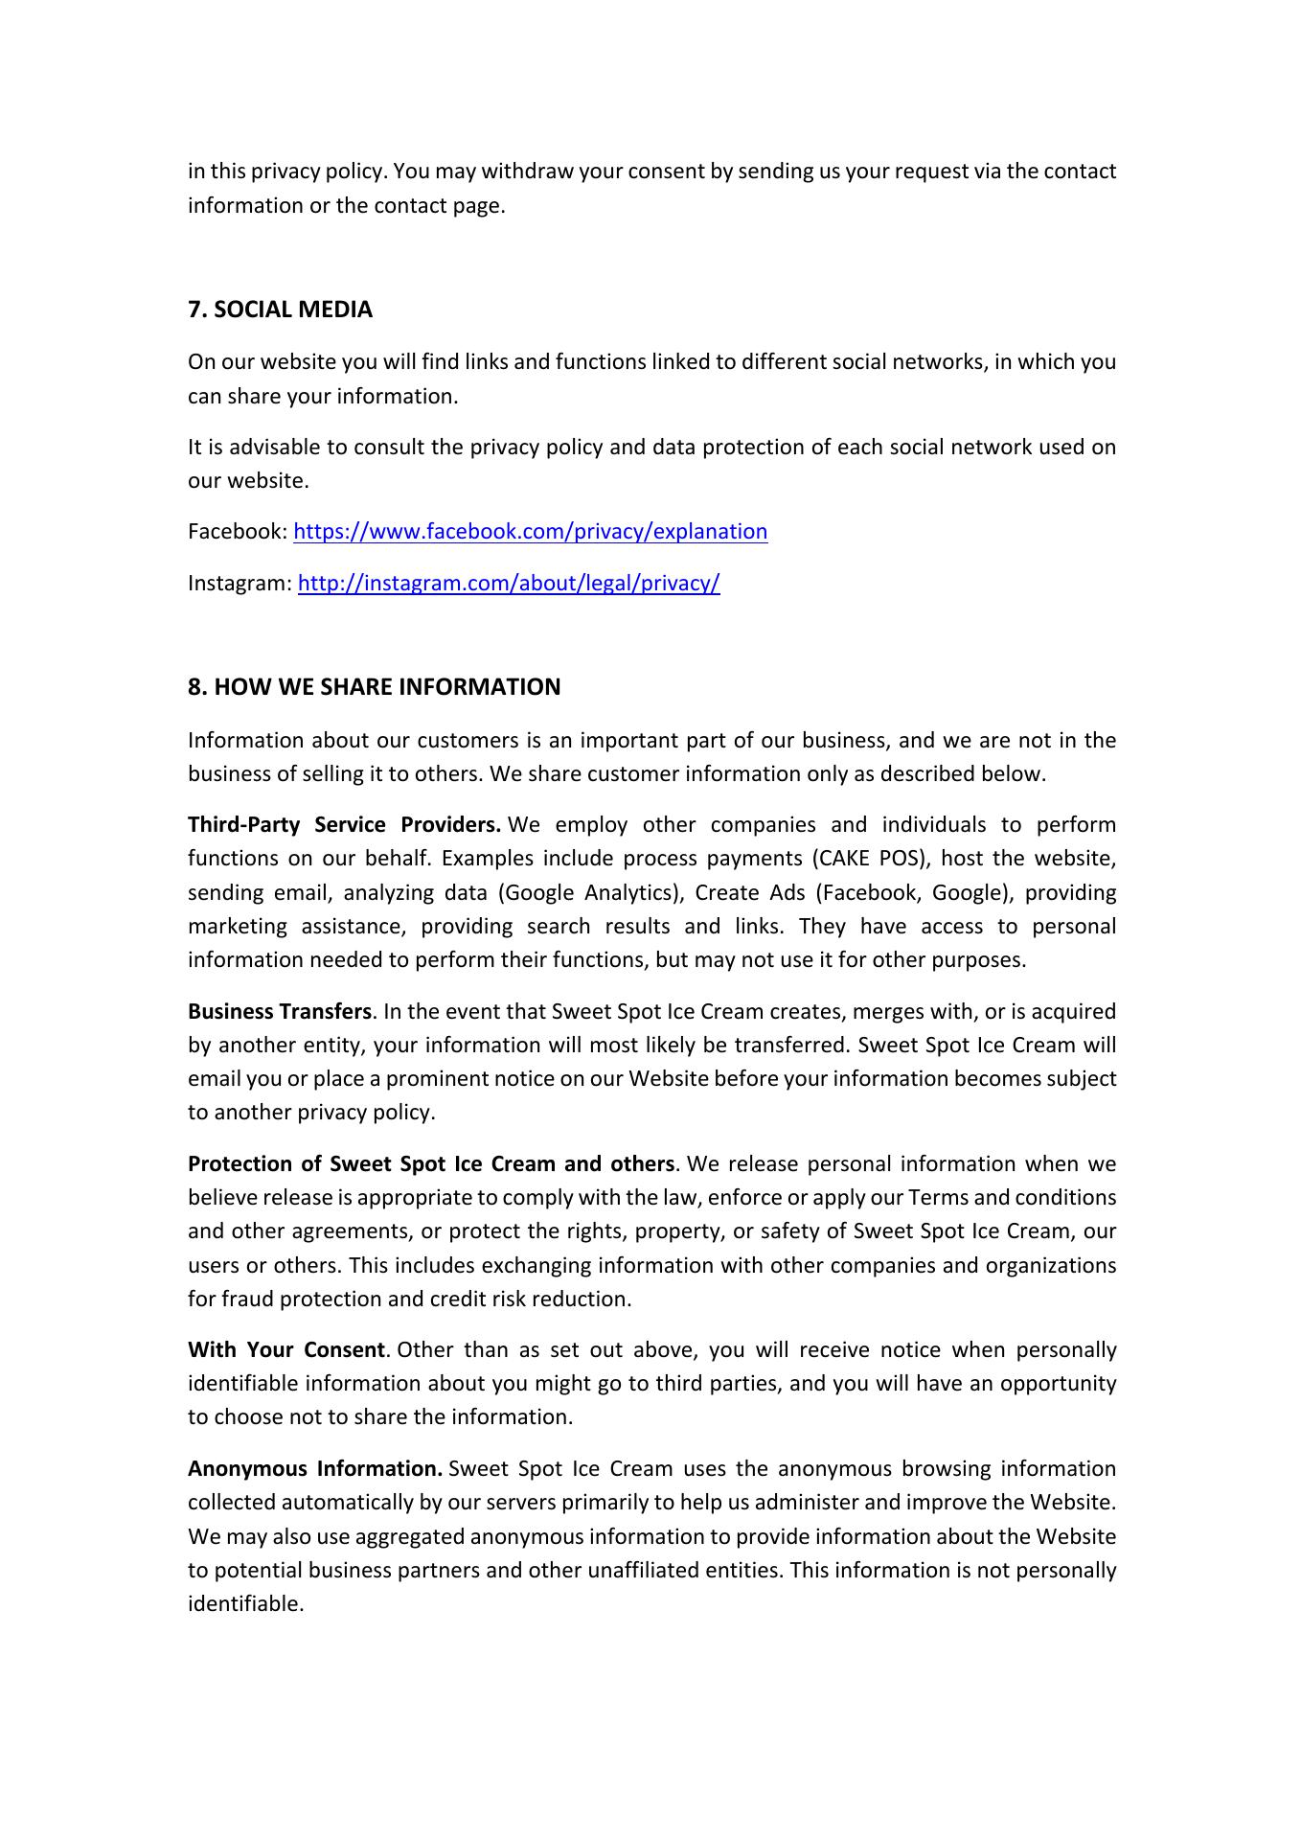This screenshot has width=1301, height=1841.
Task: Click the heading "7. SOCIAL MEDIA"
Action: (x=280, y=310)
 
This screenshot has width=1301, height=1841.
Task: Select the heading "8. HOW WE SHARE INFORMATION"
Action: (x=374, y=687)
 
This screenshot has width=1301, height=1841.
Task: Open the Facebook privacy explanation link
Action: (x=530, y=532)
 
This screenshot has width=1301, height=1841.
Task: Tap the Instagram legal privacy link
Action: (x=509, y=583)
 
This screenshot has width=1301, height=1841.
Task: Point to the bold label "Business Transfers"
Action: (x=279, y=1012)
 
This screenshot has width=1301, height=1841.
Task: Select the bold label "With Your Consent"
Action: (x=286, y=1350)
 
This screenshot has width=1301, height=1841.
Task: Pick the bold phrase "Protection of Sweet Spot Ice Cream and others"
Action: (x=431, y=1164)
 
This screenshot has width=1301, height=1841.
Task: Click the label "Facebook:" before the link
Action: (x=238, y=532)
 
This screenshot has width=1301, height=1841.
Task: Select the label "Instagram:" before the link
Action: (x=240, y=583)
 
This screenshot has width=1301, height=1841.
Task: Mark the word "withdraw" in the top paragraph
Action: (x=528, y=172)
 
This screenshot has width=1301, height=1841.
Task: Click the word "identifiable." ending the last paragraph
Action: (x=245, y=1604)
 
